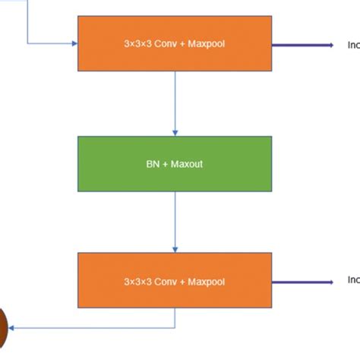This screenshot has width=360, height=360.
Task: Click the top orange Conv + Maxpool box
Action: [175, 30]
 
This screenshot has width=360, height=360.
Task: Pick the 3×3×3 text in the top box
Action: [139, 44]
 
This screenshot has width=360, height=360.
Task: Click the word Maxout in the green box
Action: [186, 163]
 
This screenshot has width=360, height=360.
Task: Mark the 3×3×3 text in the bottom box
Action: [139, 282]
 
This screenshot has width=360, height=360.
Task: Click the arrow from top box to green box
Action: [175, 103]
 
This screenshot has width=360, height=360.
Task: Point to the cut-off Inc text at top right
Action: [353, 45]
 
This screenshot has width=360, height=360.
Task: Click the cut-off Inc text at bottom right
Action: [353, 280]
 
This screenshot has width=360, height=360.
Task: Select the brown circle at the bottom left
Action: [2, 328]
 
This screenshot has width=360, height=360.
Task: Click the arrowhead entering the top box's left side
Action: [74, 43]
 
